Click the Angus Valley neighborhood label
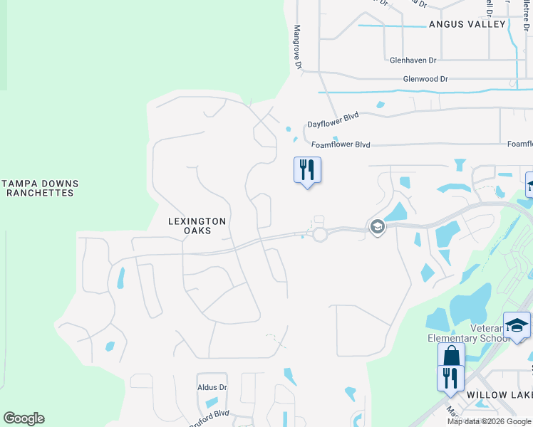(467, 24)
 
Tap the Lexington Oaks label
(197, 226)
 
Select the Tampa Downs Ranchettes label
(39, 188)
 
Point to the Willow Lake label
(500, 394)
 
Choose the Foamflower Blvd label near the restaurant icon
(341, 144)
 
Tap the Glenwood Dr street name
(425, 79)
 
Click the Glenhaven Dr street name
(413, 60)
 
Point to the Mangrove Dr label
(299, 49)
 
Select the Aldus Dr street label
(212, 388)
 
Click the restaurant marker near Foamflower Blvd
(307, 170)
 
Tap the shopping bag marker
(451, 356)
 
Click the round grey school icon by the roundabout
(377, 227)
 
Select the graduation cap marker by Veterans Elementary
(517, 325)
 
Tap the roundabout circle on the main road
(319, 233)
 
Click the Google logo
(24, 418)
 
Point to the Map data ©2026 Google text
(488, 421)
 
